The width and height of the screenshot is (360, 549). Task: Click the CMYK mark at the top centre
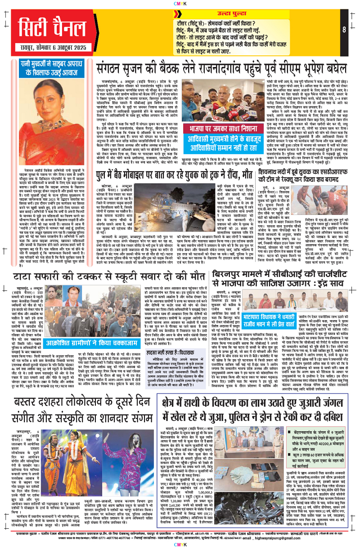(180, 3)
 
